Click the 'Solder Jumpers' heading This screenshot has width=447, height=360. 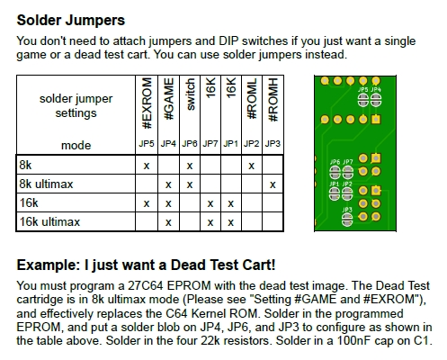point(71,21)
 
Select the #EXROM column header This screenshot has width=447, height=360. point(147,103)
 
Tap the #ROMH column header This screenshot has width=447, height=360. point(273,100)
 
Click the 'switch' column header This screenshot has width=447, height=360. point(190,94)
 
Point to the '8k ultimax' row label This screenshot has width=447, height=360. point(46,184)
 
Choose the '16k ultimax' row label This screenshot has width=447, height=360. point(49,222)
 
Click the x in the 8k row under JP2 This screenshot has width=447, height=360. point(252,166)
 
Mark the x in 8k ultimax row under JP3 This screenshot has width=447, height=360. point(273,184)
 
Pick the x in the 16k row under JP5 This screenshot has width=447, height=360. point(147,203)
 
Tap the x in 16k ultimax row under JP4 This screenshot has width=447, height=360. point(168,222)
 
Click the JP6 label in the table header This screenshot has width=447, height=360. point(190,144)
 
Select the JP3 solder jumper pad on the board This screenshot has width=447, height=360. point(347,220)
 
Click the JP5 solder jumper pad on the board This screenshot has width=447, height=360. point(362,100)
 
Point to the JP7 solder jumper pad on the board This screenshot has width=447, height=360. point(347,173)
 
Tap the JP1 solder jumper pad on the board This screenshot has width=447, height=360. point(335,194)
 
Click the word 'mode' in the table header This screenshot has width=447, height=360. point(76,146)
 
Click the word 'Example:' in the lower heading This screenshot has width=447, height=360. point(49,265)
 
